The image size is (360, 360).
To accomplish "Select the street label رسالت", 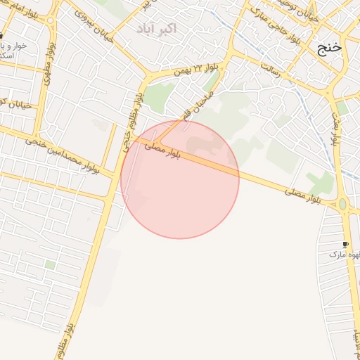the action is tap(271, 70).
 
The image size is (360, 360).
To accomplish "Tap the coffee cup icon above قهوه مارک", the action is tap(345, 243).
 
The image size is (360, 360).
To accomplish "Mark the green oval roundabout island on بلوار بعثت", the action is tap(343, 205).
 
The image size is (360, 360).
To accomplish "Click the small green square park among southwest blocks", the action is tap(50, 265).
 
